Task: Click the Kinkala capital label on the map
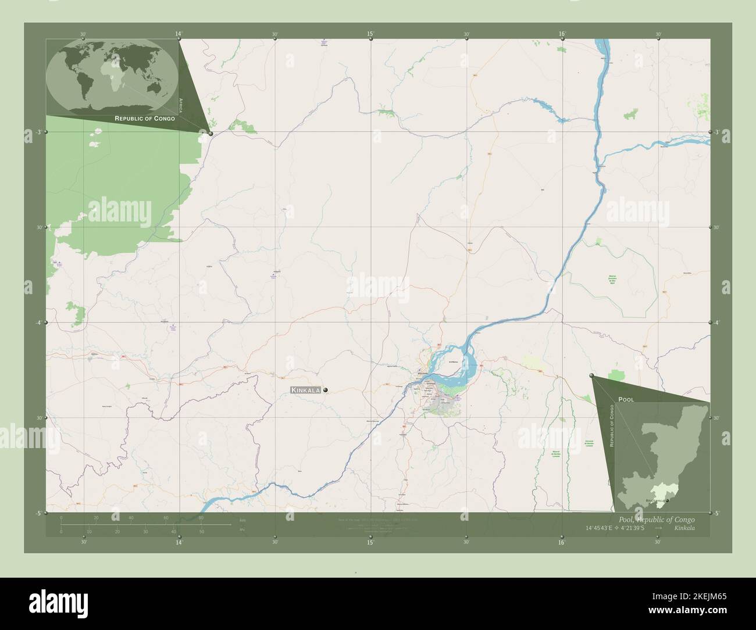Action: click(x=305, y=390)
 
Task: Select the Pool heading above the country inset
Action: click(x=626, y=400)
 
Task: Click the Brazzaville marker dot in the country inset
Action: click(x=668, y=500)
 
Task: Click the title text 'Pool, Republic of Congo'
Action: click(x=653, y=519)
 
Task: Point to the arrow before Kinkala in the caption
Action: click(x=658, y=528)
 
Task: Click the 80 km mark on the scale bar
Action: click(x=201, y=517)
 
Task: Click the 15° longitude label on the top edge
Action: click(x=370, y=34)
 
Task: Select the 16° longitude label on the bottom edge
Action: click(x=562, y=542)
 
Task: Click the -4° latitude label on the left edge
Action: click(x=38, y=323)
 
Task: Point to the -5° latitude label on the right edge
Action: click(x=717, y=513)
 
